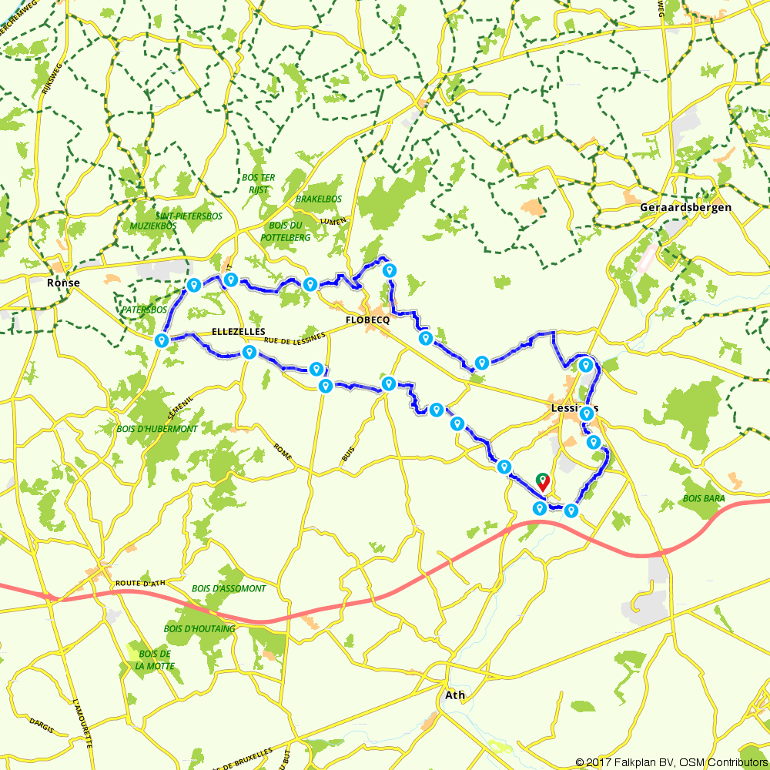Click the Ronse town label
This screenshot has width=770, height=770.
[x=64, y=283]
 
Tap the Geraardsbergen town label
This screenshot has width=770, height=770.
[x=686, y=208]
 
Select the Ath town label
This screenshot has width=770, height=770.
[x=455, y=695]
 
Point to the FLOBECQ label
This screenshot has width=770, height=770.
[x=367, y=320]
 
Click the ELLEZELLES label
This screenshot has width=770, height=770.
[x=238, y=332]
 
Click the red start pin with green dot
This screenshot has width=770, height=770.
[x=542, y=483]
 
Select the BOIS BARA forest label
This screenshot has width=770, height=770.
[x=703, y=499]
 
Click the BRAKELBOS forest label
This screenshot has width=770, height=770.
[x=318, y=199]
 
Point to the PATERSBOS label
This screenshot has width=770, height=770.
[x=144, y=310]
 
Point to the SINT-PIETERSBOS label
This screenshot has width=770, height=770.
[x=189, y=216]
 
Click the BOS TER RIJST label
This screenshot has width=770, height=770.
[x=259, y=182]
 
